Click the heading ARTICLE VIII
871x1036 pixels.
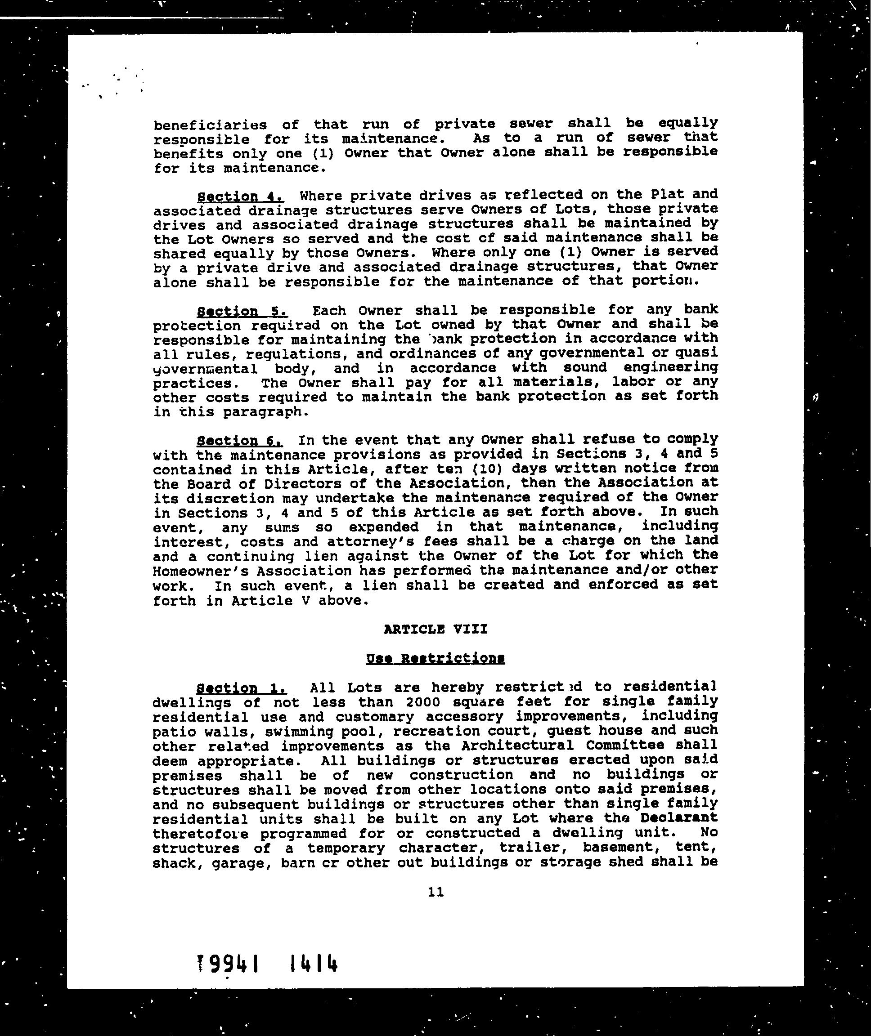click(x=435, y=630)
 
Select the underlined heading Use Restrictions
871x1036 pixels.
click(x=435, y=659)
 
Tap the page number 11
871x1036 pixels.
click(x=436, y=892)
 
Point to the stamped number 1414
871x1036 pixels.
click(x=314, y=963)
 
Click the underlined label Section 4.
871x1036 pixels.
click(x=240, y=197)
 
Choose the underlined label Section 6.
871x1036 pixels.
click(x=240, y=440)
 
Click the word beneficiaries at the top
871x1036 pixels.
click(x=210, y=125)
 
